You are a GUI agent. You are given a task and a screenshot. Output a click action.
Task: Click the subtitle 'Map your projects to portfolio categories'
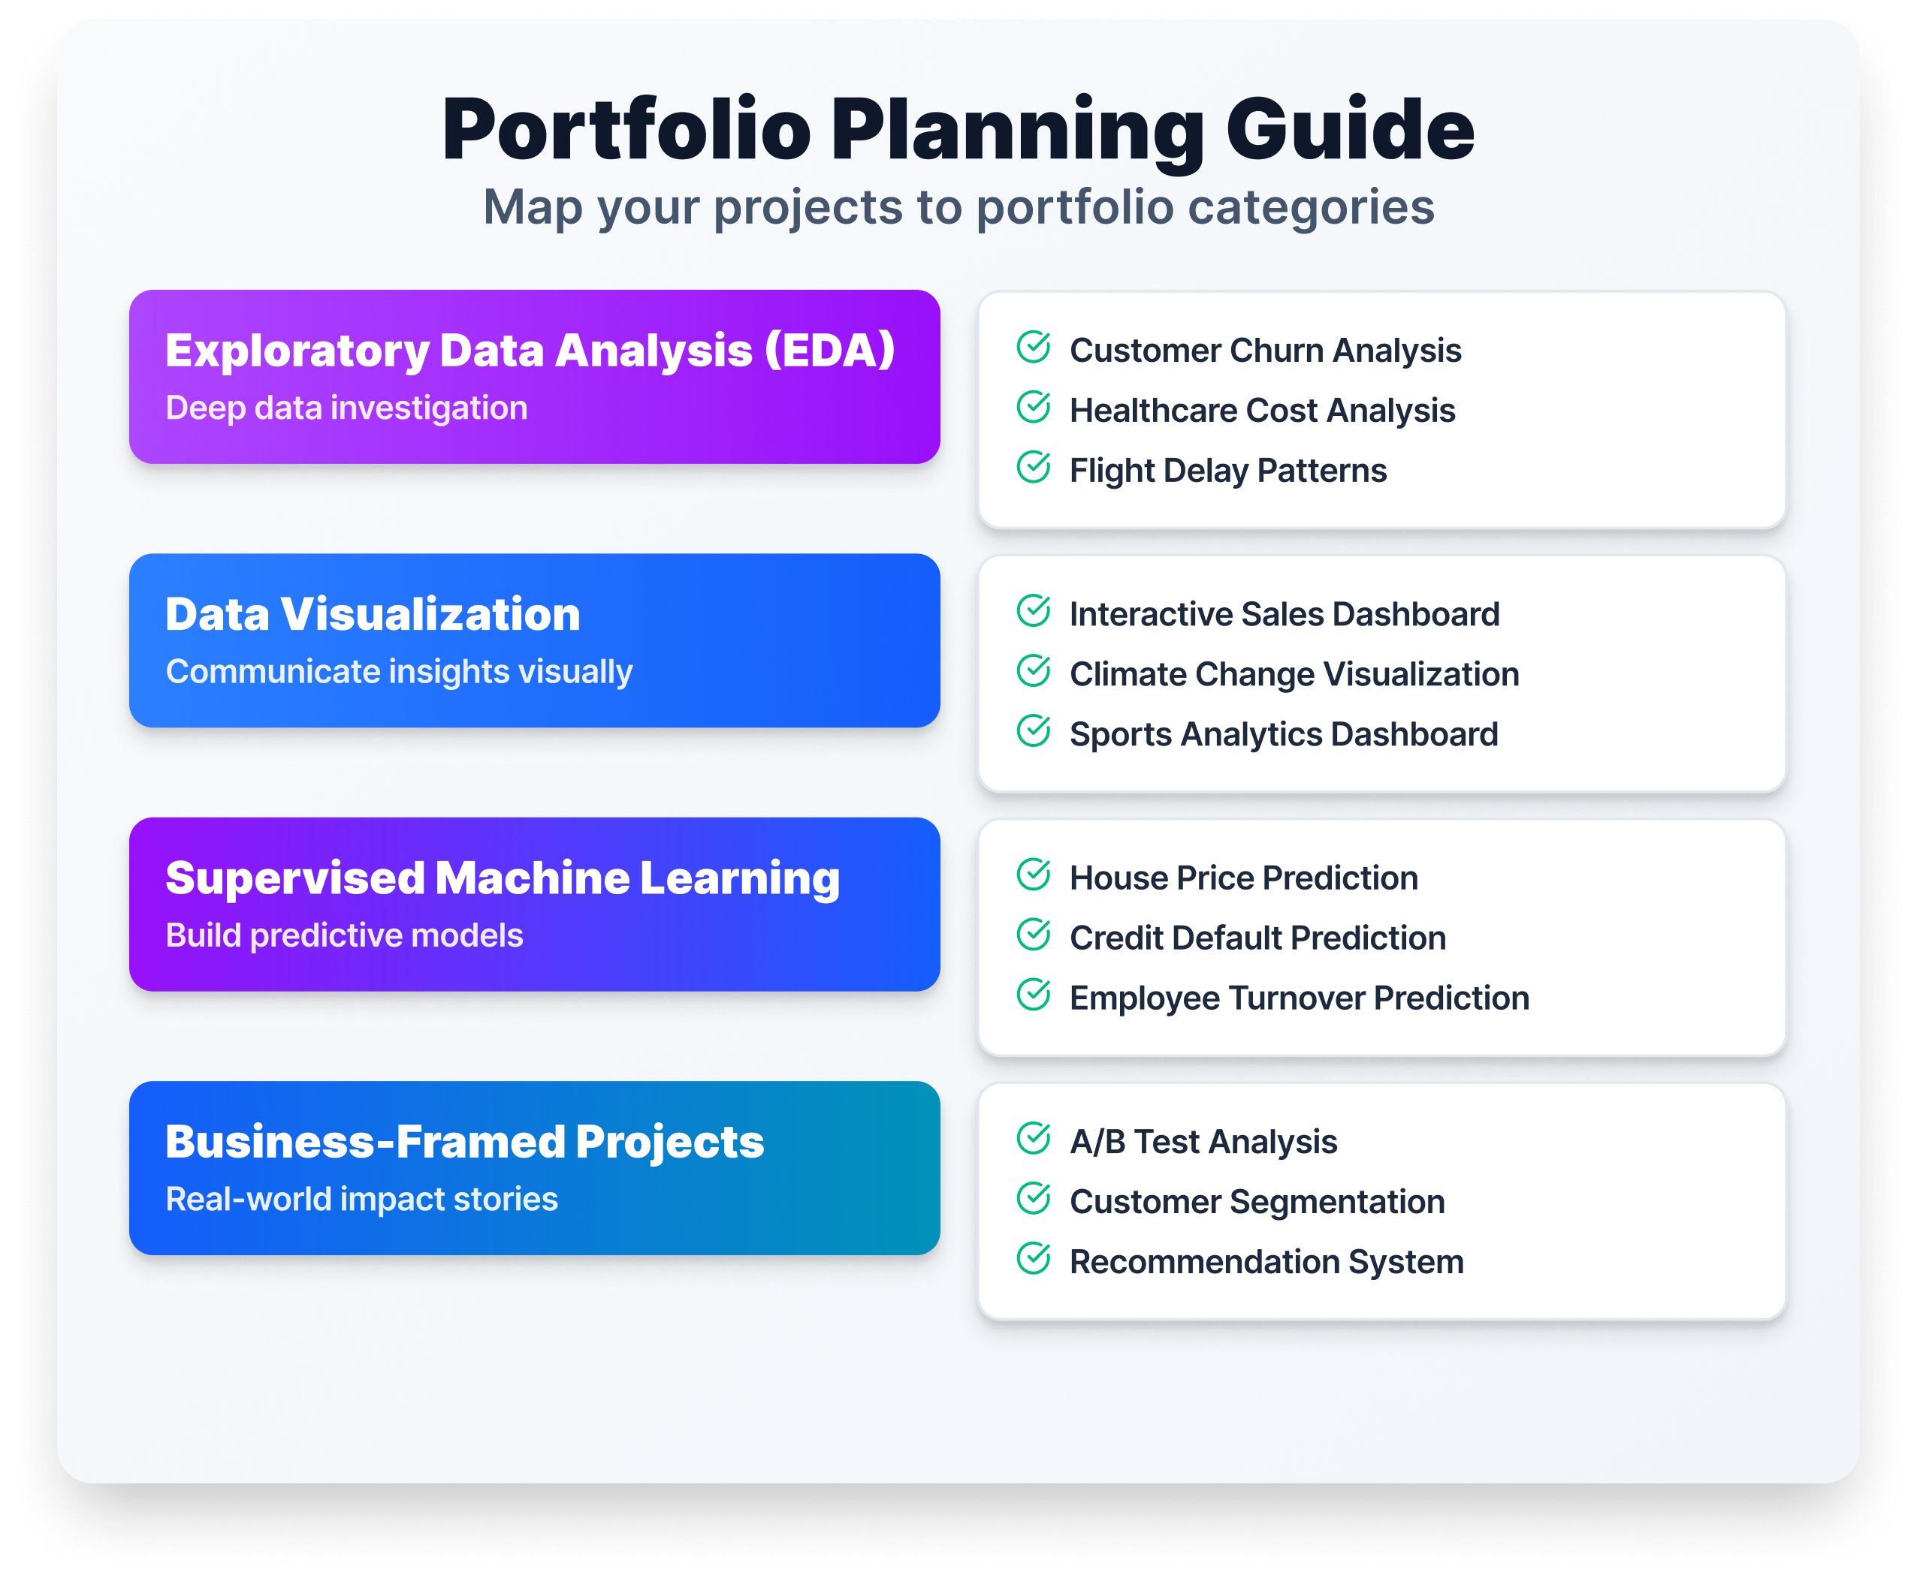958,207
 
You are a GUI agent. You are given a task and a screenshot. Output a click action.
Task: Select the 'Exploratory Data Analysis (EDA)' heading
530,351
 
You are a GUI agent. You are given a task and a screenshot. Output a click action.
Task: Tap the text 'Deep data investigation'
346,408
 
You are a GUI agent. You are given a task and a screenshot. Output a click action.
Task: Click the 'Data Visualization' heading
373,615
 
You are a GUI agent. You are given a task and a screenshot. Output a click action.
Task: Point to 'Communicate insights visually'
398,672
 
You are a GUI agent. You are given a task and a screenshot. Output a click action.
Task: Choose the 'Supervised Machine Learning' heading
502,878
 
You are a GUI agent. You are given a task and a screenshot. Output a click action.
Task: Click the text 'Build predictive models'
344,935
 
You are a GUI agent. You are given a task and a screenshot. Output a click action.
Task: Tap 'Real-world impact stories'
361,1199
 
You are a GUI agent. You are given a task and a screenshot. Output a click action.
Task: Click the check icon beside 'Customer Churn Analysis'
1033,348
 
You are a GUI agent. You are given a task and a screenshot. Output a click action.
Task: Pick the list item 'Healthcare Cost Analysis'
1261,411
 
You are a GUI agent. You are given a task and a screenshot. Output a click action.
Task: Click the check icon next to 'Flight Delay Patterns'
1033,467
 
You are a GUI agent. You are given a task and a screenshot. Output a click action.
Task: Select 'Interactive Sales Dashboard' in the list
1283,615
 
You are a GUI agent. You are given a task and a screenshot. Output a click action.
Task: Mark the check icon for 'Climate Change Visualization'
1033,671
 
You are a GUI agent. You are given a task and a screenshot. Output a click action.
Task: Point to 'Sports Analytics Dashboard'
1283,734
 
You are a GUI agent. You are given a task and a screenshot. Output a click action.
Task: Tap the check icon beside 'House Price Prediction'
1033,875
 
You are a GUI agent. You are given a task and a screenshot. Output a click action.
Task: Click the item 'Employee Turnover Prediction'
1299,998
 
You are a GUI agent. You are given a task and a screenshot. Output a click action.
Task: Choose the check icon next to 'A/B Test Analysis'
1033,1138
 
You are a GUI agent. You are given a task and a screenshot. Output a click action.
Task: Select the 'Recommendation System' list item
1266,1262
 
